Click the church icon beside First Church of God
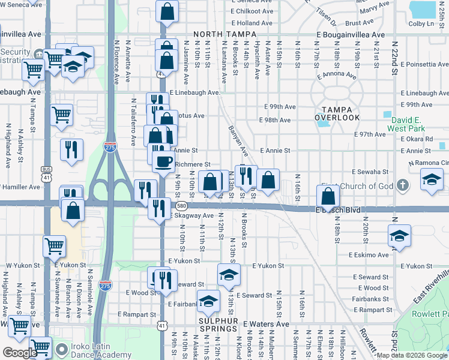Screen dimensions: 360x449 [402, 185]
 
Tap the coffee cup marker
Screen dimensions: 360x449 [163, 161]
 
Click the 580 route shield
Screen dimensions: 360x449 [180, 206]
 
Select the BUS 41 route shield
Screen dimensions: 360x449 [46, 173]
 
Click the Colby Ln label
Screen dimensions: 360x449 [421, 23]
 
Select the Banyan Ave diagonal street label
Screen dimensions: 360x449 [238, 141]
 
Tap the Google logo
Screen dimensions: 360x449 [20, 353]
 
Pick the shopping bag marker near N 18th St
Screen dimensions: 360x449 [328, 196]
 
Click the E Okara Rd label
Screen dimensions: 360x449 [416, 139]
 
